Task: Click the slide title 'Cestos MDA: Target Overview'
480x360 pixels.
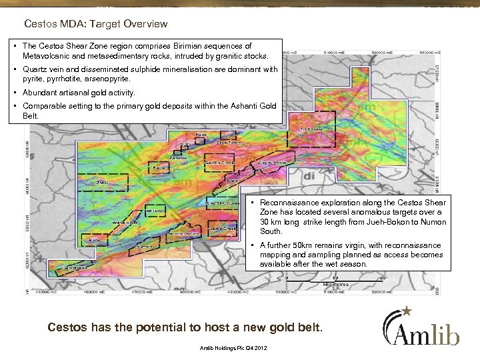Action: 95,25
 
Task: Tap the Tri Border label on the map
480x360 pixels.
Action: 311,129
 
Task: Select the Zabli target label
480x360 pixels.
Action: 103,181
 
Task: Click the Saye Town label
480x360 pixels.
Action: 229,141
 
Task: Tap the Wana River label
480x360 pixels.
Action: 125,221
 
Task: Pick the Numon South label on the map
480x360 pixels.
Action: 184,234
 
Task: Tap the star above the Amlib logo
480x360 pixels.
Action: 407,309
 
